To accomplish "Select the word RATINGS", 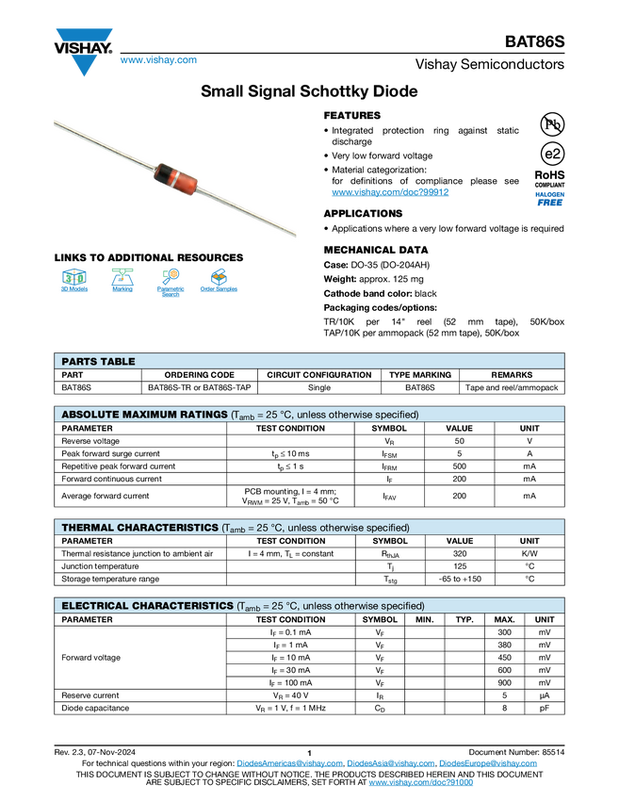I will tap(207, 415).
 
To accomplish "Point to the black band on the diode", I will tap(162, 172).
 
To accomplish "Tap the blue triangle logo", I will tap(85, 65).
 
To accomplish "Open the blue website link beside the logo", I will tap(158, 60).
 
